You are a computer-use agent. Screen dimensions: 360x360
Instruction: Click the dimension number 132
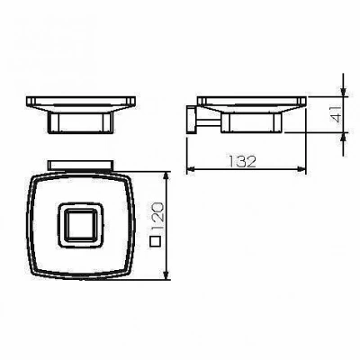(x=243, y=161)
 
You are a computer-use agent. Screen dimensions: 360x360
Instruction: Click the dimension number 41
(x=336, y=113)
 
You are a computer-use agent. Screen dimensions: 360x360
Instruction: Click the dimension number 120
(x=157, y=217)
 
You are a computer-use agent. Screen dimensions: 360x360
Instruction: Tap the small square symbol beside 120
(x=156, y=242)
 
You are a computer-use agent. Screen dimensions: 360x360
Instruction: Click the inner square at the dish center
(x=81, y=225)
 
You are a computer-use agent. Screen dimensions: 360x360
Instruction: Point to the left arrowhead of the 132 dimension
(x=191, y=169)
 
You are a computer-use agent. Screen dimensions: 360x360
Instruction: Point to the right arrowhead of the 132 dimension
(x=301, y=169)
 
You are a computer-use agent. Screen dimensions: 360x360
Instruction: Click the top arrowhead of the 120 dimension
(x=166, y=176)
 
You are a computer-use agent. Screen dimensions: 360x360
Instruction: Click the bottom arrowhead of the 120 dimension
(x=166, y=275)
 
